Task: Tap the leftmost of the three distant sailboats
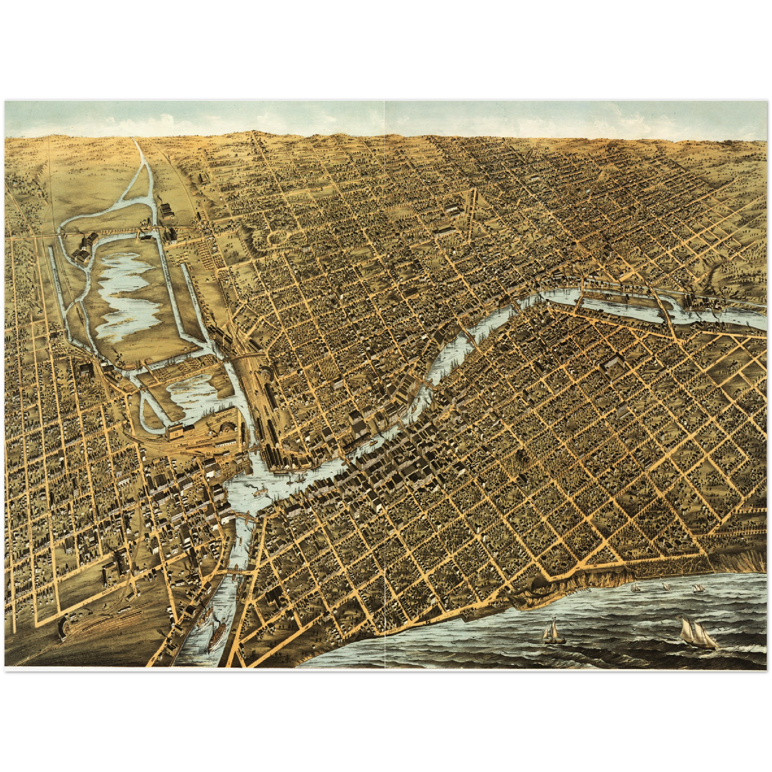click(x=635, y=587)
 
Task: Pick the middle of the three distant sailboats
click(x=666, y=587)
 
